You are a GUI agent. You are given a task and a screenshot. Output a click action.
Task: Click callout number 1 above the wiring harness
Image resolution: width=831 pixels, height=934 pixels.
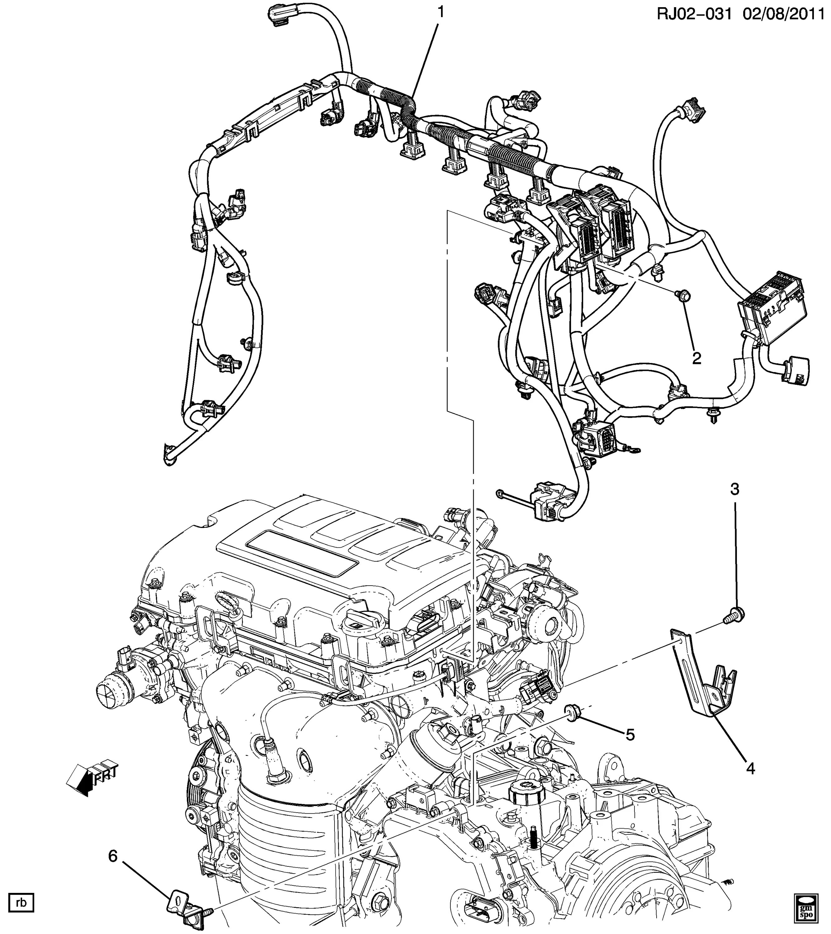[x=441, y=13]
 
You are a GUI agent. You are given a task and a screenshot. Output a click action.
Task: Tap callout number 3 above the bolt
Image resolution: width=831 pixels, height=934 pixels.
[x=734, y=489]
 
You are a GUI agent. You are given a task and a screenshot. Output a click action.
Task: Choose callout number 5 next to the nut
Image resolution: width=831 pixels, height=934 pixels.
[x=630, y=734]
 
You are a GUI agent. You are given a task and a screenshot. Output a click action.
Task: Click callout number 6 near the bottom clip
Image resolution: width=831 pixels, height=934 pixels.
[x=113, y=856]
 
